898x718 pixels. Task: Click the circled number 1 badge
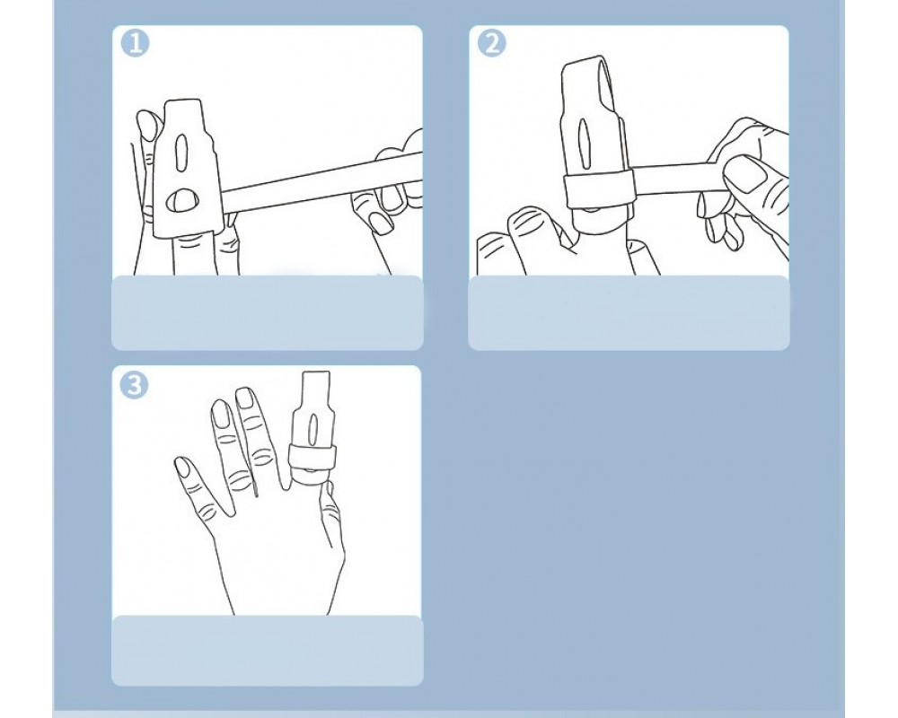coord(136,43)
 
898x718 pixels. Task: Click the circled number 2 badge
coord(492,43)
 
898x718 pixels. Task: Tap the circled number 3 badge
coord(134,385)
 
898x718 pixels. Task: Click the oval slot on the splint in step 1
coord(181,151)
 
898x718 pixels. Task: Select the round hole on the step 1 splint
coord(182,200)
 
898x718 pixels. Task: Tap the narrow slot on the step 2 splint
coord(583,142)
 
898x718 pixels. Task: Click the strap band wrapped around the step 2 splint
coord(598,188)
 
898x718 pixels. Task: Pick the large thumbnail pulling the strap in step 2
coord(749,174)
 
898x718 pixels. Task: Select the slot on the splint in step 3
coord(313,429)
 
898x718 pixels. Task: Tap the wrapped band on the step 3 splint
coord(313,456)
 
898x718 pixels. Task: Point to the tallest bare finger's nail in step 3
coord(245,398)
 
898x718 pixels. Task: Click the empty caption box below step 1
coord(267,312)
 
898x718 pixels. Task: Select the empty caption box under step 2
coord(629,312)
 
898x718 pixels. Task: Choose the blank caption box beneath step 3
coord(267,651)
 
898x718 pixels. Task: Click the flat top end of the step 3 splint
coord(316,372)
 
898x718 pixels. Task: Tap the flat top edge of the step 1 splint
coord(183,101)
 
